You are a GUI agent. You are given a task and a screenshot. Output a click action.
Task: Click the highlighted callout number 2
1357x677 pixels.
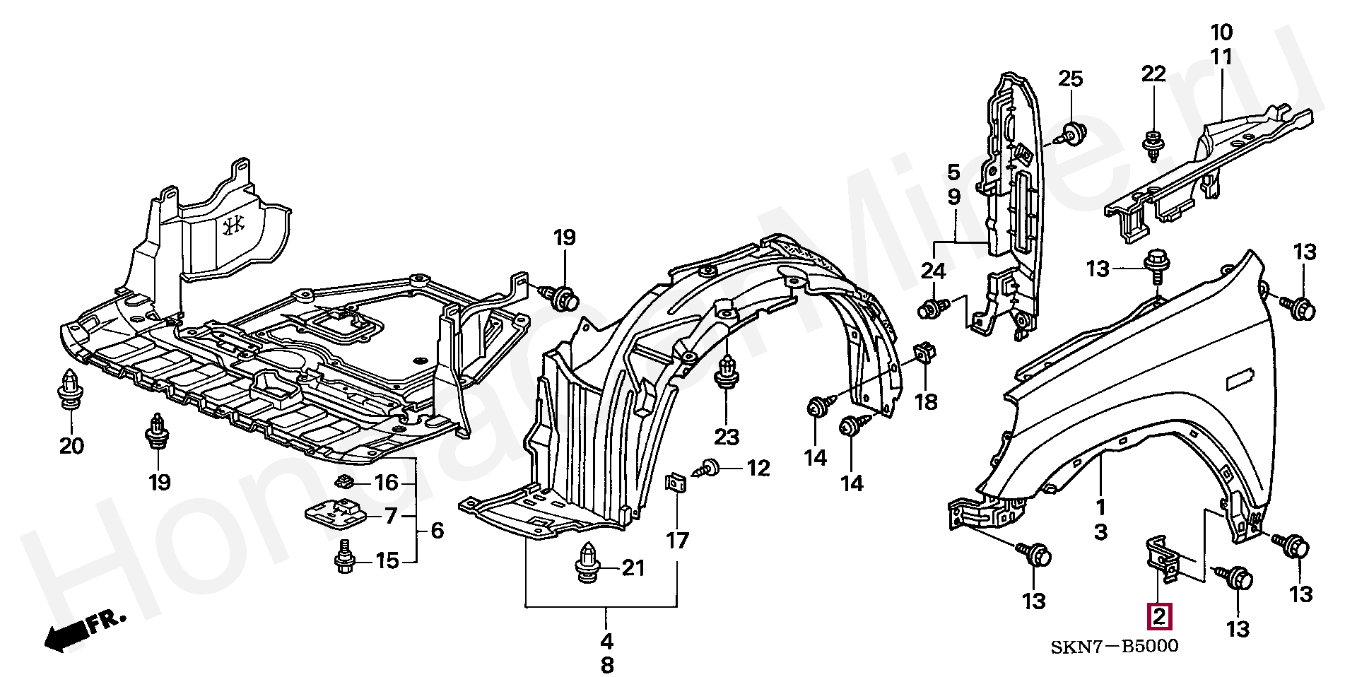pos(1159,617)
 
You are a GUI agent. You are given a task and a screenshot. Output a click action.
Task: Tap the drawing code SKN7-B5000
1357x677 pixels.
pos(1115,646)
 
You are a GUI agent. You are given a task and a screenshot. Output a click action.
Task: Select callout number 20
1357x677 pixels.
pos(71,446)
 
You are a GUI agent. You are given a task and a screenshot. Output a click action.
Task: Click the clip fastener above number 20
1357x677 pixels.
pos(70,389)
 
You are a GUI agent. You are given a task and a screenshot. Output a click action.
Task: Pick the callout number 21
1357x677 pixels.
pos(633,567)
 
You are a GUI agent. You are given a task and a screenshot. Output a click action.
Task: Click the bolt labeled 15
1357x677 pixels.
pos(344,557)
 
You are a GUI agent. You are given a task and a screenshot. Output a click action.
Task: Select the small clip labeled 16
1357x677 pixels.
pos(344,482)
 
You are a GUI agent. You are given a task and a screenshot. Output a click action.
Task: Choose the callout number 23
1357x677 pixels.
pos(727,437)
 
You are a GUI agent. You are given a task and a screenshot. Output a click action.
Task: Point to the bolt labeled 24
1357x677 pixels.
pos(934,308)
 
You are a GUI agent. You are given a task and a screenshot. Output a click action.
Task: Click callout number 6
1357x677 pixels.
pos(437,530)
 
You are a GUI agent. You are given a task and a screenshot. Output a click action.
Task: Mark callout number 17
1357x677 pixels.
pos(677,541)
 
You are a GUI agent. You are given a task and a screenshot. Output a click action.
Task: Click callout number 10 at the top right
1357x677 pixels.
pos(1221,32)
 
